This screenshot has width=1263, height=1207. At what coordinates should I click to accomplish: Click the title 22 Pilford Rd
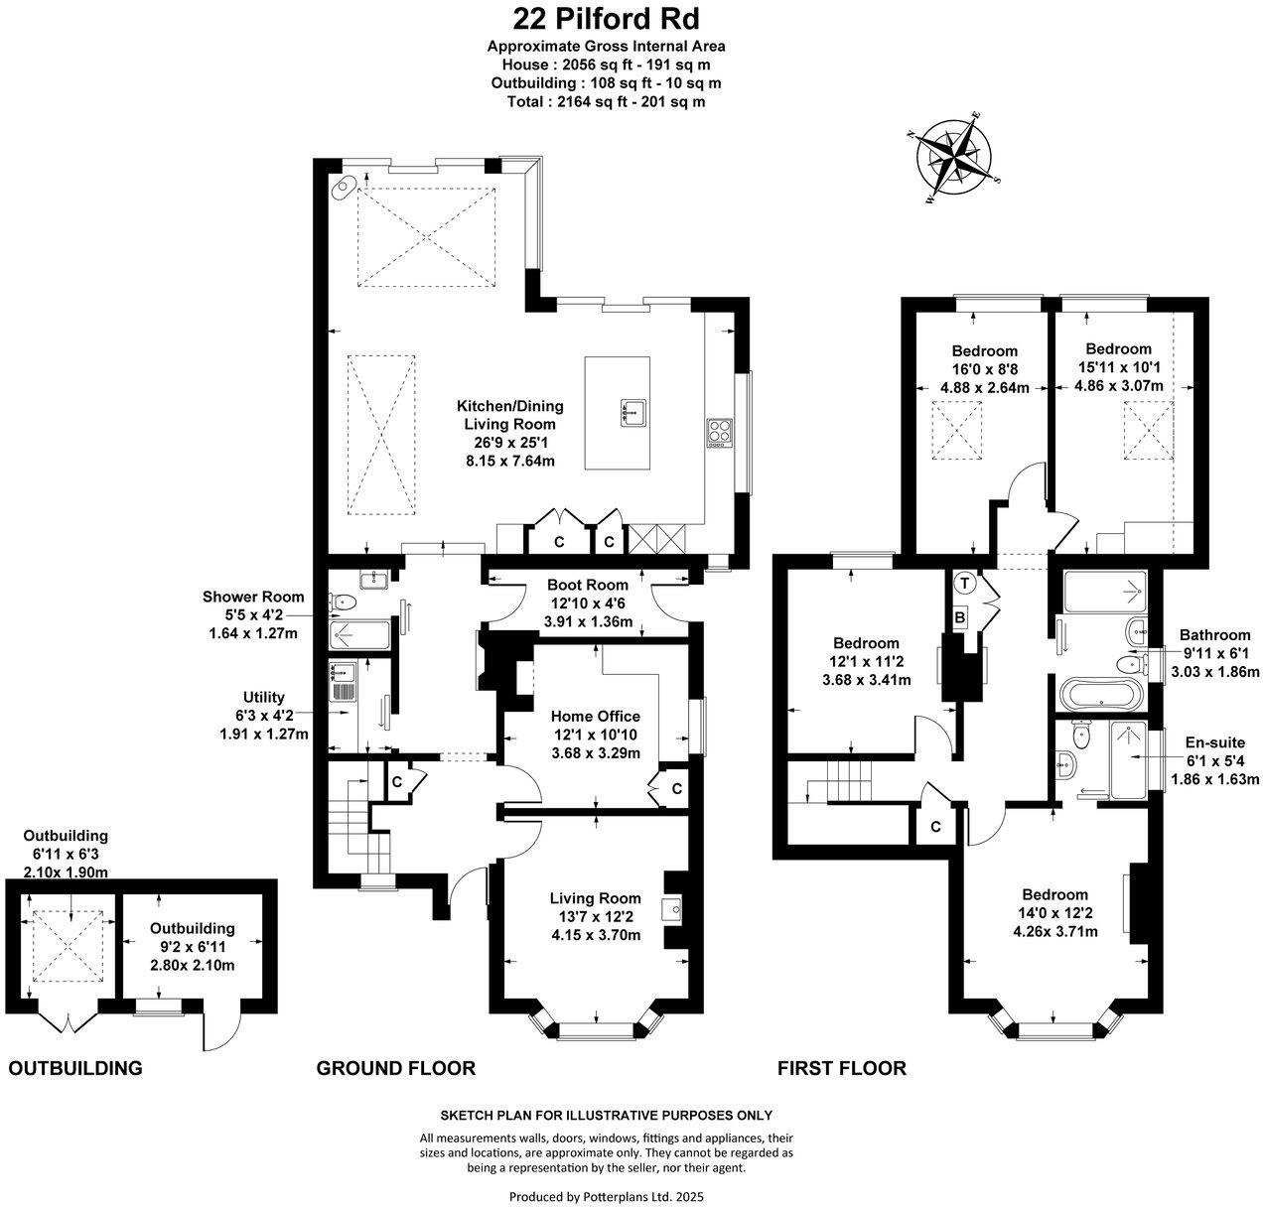606,18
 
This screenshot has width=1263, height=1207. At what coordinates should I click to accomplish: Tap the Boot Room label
589,585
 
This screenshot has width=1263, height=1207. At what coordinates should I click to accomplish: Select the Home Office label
596,716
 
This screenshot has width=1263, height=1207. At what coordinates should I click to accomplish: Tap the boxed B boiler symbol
960,615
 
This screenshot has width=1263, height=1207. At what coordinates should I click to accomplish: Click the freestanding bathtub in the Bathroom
1102,692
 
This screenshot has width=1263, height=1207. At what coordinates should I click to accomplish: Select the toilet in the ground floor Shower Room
343,601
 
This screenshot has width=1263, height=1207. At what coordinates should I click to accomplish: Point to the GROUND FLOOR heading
395,1068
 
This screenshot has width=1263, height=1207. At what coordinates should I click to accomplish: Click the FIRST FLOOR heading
841,1068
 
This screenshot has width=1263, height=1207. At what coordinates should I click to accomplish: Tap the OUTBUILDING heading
75,1068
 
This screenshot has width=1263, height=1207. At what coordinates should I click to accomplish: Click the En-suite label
1214,741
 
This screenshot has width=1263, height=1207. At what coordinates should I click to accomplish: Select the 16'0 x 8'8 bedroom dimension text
985,369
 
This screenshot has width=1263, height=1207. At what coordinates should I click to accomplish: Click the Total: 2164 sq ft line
606,101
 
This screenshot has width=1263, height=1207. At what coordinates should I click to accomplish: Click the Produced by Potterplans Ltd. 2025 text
606,1197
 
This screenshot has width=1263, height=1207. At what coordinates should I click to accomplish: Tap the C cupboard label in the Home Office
676,789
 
